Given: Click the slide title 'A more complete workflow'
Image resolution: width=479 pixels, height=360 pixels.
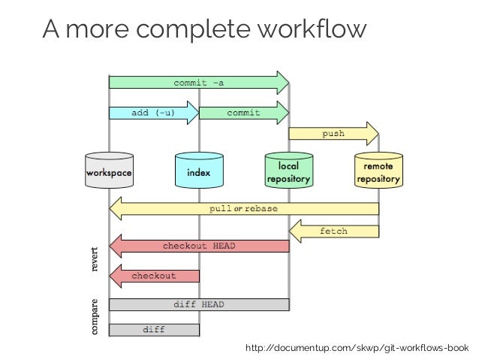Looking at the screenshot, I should click(x=205, y=29).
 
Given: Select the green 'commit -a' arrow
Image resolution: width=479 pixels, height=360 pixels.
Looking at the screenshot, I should click(x=199, y=83).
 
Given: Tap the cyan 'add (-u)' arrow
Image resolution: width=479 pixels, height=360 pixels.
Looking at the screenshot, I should click(x=153, y=113).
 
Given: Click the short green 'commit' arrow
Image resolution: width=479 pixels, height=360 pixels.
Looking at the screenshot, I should click(x=243, y=113).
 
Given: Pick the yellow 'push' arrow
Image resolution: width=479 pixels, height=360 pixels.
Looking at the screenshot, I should click(x=333, y=134).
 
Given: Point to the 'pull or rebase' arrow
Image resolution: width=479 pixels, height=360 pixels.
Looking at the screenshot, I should click(x=243, y=208).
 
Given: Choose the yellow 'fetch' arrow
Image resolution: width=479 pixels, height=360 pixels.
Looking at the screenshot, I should click(x=333, y=231).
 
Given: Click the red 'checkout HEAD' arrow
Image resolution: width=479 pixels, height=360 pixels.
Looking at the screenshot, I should click(x=199, y=246).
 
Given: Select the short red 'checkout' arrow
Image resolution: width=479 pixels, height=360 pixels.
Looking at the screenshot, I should click(x=153, y=276).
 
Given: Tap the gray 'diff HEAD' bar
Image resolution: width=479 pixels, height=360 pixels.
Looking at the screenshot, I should click(x=199, y=304).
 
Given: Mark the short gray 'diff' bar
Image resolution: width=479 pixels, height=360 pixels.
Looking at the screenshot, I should click(x=154, y=329).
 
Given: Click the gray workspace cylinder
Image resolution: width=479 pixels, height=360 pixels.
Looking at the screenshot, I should click(x=109, y=172).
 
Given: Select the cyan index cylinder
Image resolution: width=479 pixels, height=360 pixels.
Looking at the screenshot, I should click(x=199, y=172).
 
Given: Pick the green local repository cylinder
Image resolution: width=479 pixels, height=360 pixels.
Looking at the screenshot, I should click(x=289, y=171).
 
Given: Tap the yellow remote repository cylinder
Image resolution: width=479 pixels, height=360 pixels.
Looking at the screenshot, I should click(x=378, y=171).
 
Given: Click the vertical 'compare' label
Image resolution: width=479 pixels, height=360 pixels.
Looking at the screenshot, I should click(x=95, y=317).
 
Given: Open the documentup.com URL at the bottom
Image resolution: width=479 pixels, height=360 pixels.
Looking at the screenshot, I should click(x=361, y=347).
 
